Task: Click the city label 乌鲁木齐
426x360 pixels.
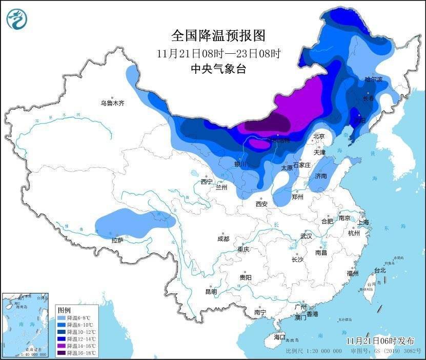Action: point(112,103)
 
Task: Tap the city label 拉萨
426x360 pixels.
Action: point(117,240)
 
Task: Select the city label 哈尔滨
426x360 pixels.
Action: point(374,79)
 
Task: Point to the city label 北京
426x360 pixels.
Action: point(319,136)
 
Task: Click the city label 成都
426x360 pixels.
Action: point(223,239)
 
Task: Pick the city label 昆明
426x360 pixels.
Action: point(211,291)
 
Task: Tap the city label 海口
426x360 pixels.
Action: point(279,337)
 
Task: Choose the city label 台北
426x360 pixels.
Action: point(379,270)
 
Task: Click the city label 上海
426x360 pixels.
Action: point(363,222)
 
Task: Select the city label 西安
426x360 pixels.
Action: point(261,204)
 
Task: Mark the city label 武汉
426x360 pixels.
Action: point(307,236)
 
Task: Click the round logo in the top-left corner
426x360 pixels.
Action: point(17,19)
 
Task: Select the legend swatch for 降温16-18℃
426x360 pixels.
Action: point(61,352)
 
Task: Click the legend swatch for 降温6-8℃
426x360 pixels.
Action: point(61,318)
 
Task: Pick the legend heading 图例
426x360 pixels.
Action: point(64,310)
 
